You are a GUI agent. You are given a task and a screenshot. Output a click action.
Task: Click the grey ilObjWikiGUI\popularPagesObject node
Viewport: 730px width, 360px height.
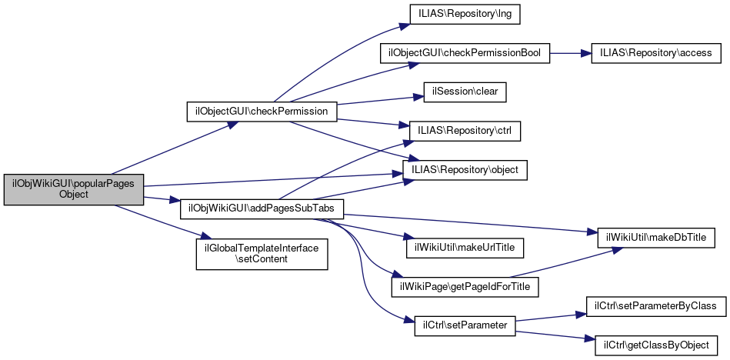pos(74,188)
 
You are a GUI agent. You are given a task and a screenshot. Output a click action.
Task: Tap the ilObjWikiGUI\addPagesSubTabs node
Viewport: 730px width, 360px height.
pos(262,208)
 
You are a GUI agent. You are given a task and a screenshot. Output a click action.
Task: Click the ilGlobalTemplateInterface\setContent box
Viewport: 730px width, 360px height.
pos(262,253)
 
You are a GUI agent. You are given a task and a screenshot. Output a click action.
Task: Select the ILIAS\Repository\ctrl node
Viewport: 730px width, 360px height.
pos(465,131)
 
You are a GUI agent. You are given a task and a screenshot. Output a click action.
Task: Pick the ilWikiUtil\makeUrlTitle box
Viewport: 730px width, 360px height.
pos(465,248)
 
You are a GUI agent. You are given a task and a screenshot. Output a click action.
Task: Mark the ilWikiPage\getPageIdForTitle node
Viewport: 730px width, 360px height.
pos(465,287)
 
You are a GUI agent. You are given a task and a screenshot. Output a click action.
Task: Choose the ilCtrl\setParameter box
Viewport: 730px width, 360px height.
pos(465,325)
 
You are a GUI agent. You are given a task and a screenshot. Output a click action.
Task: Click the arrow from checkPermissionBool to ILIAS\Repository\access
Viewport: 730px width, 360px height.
pos(570,54)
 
